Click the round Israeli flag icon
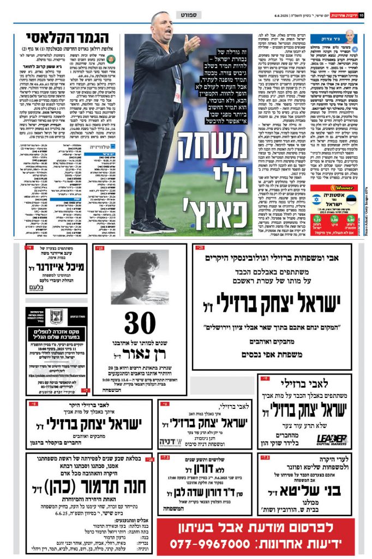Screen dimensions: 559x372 317,199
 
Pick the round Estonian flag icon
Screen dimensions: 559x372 351,199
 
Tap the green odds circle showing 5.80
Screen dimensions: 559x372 351,219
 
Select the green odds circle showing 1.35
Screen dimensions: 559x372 316,219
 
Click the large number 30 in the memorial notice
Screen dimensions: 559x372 140,323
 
